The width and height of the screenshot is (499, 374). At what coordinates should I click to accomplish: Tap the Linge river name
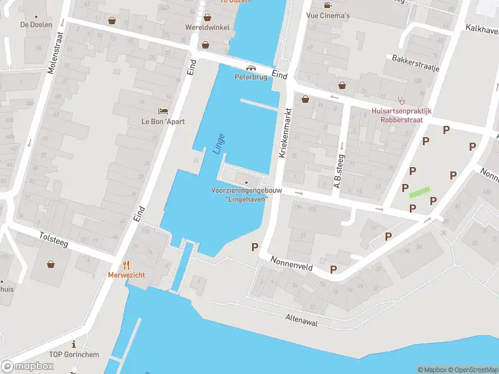coord(218,143)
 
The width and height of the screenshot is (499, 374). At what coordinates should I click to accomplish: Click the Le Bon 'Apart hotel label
coord(163,122)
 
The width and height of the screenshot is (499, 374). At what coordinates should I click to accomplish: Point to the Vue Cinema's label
coord(327,15)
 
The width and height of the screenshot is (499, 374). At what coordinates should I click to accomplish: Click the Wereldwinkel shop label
coord(207,27)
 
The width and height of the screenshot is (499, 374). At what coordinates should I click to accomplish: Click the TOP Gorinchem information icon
coord(74,343)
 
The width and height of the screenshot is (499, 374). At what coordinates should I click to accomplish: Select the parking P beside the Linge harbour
coord(254,247)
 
